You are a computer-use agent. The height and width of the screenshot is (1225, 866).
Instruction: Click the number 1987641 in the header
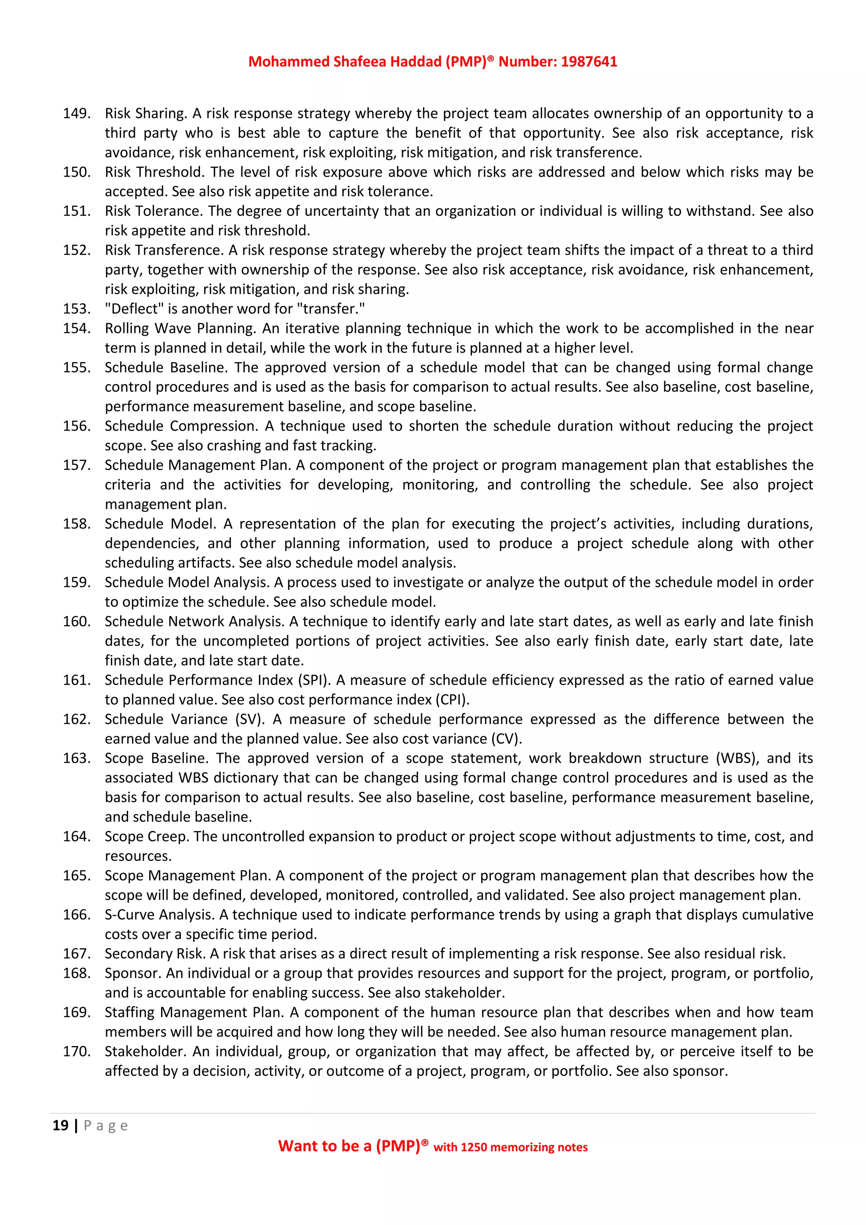pos(589,62)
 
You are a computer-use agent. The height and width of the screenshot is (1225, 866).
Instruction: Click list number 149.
pos(76,114)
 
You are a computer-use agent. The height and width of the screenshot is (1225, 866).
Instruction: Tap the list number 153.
pos(76,309)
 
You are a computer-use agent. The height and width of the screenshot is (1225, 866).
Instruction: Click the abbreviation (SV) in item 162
pos(249,719)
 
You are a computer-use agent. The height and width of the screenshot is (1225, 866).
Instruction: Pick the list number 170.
pos(76,1052)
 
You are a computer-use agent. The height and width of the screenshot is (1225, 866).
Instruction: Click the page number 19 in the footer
pos(60,1126)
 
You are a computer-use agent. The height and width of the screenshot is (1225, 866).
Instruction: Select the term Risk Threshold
pos(153,172)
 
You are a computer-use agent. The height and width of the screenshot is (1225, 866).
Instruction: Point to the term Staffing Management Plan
pos(194,1013)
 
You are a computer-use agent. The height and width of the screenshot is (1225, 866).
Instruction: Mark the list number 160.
pos(76,621)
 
